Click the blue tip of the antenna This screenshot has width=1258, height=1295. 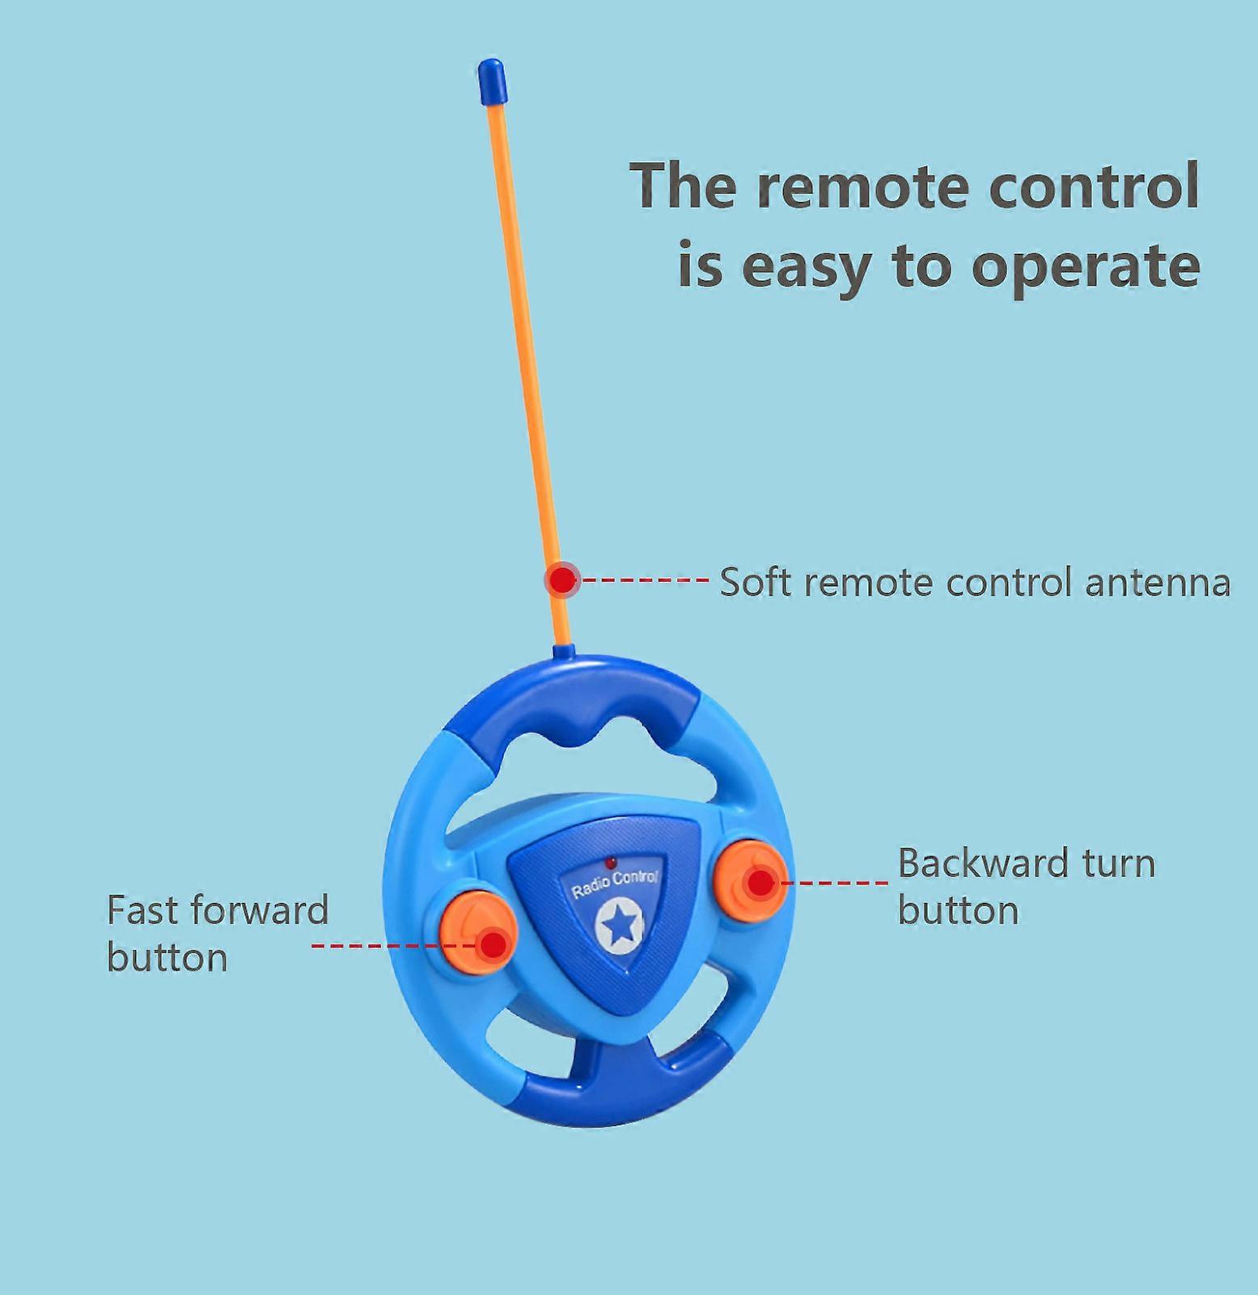pyautogui.click(x=492, y=81)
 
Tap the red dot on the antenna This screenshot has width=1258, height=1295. pyautogui.click(x=561, y=580)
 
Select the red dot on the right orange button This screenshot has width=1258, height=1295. pyautogui.click(x=760, y=881)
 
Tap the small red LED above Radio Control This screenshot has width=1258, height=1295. pyautogui.click(x=612, y=862)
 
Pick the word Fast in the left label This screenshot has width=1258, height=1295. pyautogui.click(x=142, y=910)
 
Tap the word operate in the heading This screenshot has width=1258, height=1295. pyautogui.click(x=1086, y=267)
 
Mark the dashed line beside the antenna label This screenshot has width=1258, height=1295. pyautogui.click(x=645, y=580)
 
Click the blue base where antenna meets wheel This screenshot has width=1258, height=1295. pyautogui.click(x=563, y=651)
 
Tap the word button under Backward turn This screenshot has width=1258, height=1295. pyautogui.click(x=958, y=911)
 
